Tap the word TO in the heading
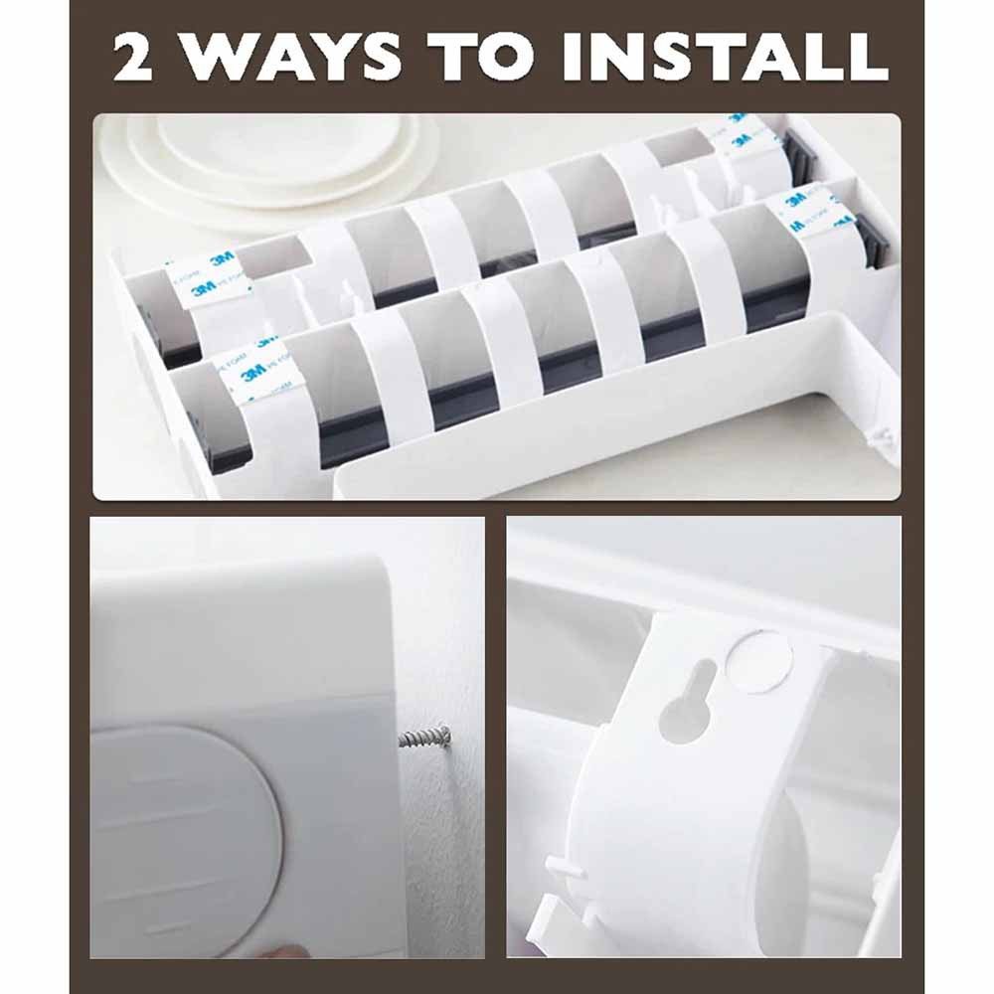[x=486, y=58]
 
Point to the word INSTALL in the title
[x=725, y=58]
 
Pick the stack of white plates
[x=268, y=159]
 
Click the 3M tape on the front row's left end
[x=260, y=374]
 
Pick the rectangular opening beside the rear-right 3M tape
[x=679, y=148]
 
